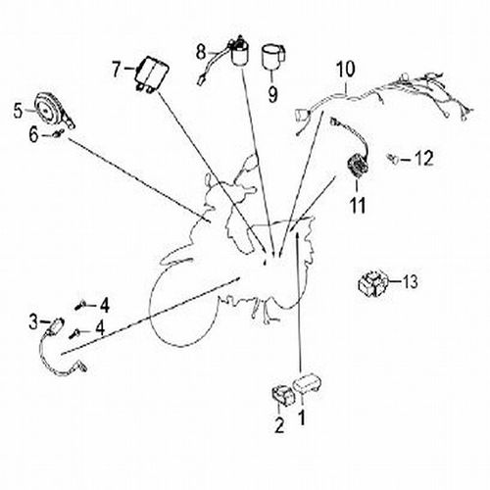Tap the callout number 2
[279, 425]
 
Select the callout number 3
[33, 321]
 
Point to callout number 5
[19, 111]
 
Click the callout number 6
[33, 135]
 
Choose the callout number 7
[116, 70]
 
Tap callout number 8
[201, 52]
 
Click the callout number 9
[272, 94]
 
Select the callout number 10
[346, 70]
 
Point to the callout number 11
[358, 205]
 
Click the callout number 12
[424, 159]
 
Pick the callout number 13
[410, 281]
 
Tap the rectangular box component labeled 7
[152, 75]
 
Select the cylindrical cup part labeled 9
[273, 57]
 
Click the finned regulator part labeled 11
[358, 168]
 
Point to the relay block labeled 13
[373, 282]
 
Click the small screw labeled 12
[393, 159]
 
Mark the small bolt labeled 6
[59, 133]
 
